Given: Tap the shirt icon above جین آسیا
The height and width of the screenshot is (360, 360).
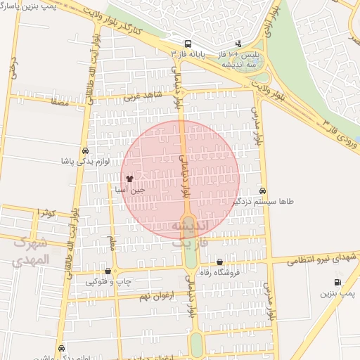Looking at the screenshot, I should [x=129, y=179].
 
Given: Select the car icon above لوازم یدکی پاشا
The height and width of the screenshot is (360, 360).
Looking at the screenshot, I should [x=85, y=150].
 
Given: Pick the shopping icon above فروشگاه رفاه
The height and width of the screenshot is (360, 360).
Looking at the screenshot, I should [x=220, y=262].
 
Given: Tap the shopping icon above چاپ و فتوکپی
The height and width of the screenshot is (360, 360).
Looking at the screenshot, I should [x=108, y=271].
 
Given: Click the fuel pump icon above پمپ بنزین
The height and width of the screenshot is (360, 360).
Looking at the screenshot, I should [x=339, y=283].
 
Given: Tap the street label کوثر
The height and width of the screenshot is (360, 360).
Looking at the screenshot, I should [x=46, y=212].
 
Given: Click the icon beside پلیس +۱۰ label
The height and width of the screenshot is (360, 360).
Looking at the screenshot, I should [x=238, y=43].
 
